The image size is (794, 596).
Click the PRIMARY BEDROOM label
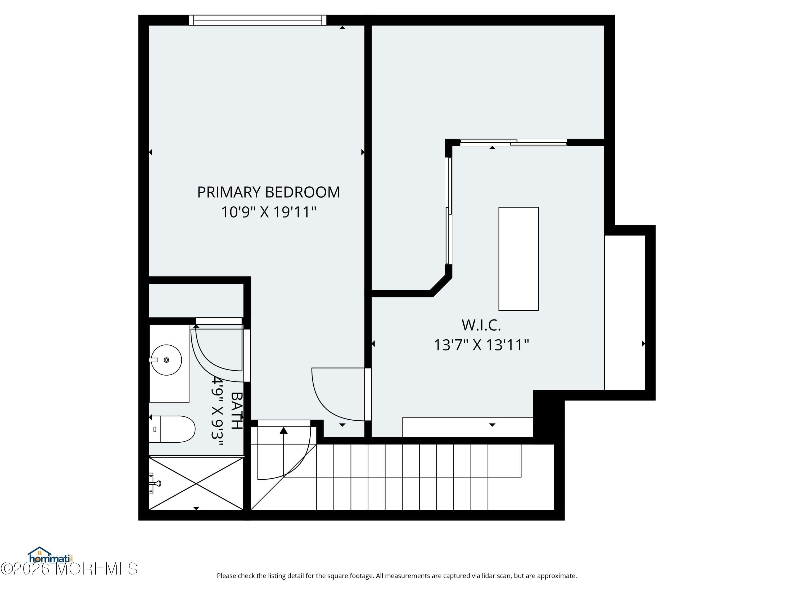coord(268,192)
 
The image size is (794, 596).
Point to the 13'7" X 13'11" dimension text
coord(481,345)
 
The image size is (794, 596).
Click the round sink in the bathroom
coord(166,360)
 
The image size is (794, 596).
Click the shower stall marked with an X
coord(196,483)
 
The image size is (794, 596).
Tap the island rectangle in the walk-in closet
coord(518,259)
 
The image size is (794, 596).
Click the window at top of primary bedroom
coord(257,20)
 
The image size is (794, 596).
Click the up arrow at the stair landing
coord(283,431)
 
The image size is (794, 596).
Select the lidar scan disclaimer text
coord(397,576)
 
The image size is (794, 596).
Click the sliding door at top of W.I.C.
coord(513,143)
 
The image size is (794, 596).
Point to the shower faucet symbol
coord(155,483)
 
